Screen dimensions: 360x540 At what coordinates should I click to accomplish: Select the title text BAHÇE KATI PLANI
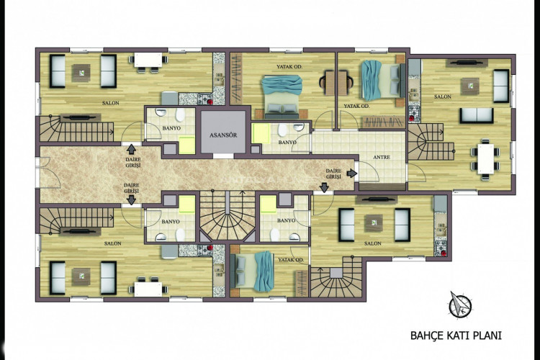pos(455,335)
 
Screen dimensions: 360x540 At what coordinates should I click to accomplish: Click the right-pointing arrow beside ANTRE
pos(351,174)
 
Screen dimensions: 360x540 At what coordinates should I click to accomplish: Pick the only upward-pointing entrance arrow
pos(130,150)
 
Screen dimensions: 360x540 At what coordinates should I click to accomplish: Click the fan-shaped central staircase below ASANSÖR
pos(228,217)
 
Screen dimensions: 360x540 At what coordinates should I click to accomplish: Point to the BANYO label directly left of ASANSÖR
pos(172,128)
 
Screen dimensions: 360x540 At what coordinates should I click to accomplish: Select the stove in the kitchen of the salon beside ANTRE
pos(413,112)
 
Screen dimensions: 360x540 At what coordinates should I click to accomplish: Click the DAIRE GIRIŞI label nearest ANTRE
pos(332,173)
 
